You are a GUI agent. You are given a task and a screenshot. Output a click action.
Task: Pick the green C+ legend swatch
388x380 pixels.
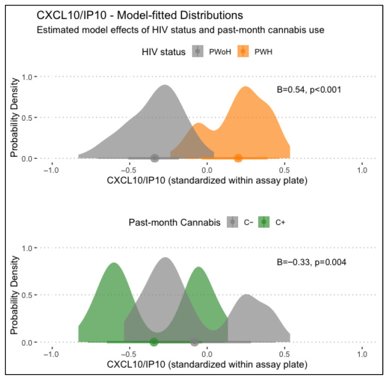coord(264,222)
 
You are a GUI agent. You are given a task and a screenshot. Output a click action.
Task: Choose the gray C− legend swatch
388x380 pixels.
coord(233,222)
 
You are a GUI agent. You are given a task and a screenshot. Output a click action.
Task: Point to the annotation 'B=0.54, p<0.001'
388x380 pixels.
coord(309,89)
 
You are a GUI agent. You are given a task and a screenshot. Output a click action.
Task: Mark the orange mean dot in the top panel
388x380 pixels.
coord(238,158)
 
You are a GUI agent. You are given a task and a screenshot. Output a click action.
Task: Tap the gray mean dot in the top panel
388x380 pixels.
coord(155,158)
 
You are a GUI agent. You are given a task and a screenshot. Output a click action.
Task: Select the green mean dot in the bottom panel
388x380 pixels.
coord(154,342)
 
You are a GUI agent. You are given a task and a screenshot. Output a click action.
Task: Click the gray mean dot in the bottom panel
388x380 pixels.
coord(195,342)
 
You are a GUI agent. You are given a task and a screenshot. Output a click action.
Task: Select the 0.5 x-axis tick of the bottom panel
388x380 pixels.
coord(285,353)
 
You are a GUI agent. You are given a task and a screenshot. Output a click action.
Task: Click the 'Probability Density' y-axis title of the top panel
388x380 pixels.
coord(15,117)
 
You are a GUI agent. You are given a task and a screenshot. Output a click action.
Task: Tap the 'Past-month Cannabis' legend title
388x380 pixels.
coord(174,222)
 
